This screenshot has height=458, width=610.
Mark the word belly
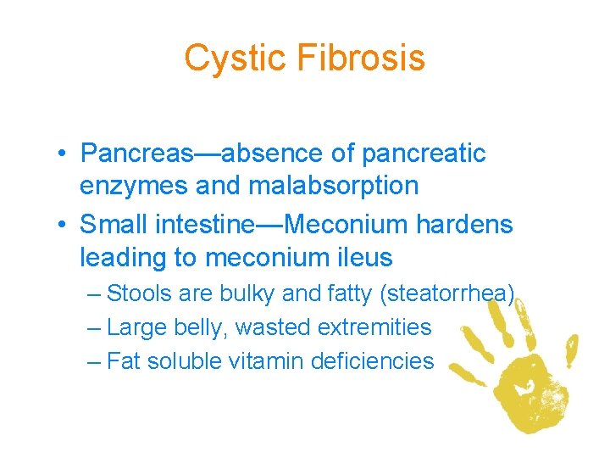[198, 327]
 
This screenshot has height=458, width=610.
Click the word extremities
[372, 327]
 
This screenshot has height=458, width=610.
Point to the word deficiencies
[372, 361]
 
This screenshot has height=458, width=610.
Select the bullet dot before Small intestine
[64, 226]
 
